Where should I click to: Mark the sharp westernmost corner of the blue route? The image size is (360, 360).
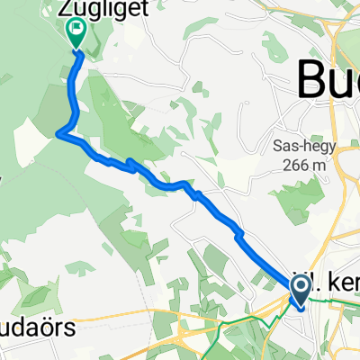click(59, 134)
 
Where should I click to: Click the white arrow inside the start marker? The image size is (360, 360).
click(299, 288)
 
